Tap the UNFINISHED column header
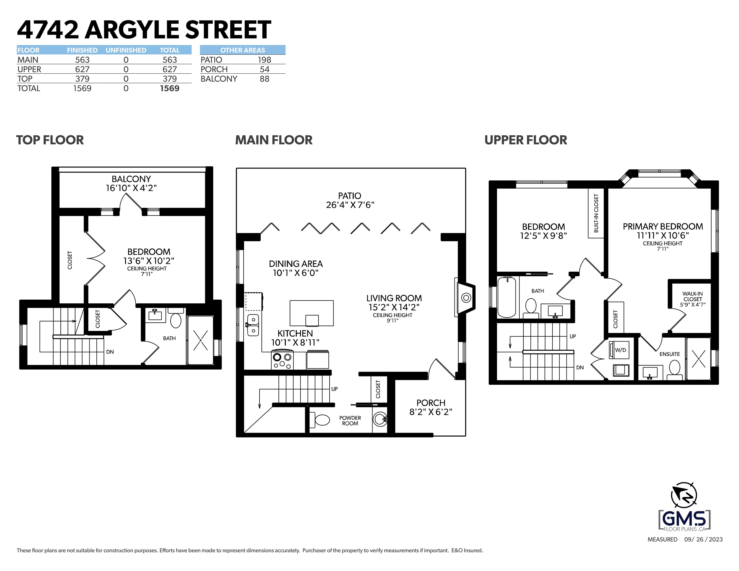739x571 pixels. click(126, 50)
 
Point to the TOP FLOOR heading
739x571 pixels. click(50, 140)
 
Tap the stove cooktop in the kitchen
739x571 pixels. click(282, 360)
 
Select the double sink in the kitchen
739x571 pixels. click(253, 325)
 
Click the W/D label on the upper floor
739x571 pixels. click(621, 350)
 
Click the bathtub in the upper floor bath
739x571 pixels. click(507, 297)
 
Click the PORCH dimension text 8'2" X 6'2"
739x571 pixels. click(431, 412)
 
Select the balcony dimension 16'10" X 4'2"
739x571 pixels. click(131, 188)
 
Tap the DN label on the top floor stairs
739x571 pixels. click(110, 352)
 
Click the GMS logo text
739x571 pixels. click(684, 518)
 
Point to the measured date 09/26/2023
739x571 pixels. click(704, 540)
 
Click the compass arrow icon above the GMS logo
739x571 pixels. click(684, 495)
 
